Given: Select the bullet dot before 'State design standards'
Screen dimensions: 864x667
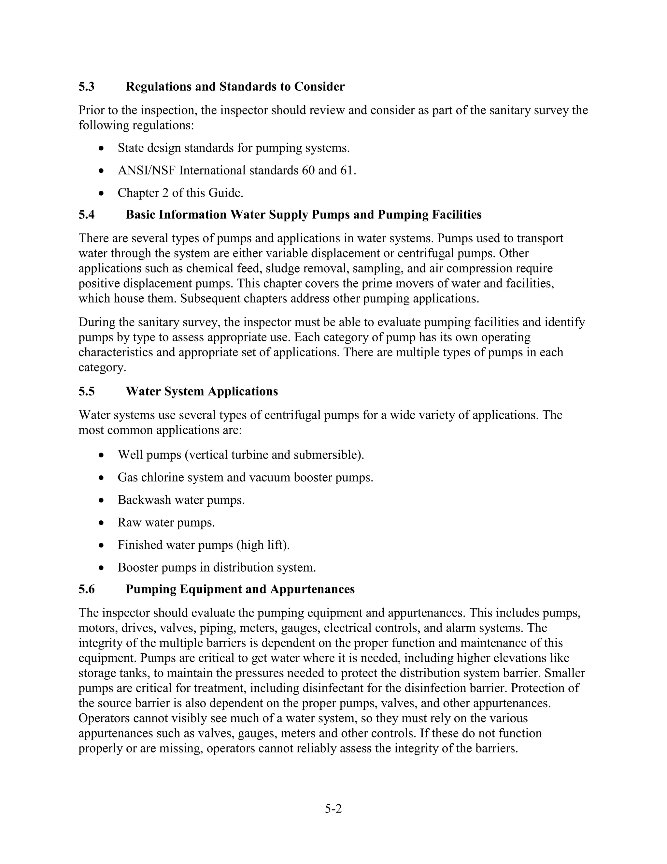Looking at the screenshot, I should (102, 149).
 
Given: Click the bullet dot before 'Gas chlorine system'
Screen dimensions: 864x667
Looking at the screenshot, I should (102, 478).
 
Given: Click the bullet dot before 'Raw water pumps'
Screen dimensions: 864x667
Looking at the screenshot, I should (102, 523).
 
